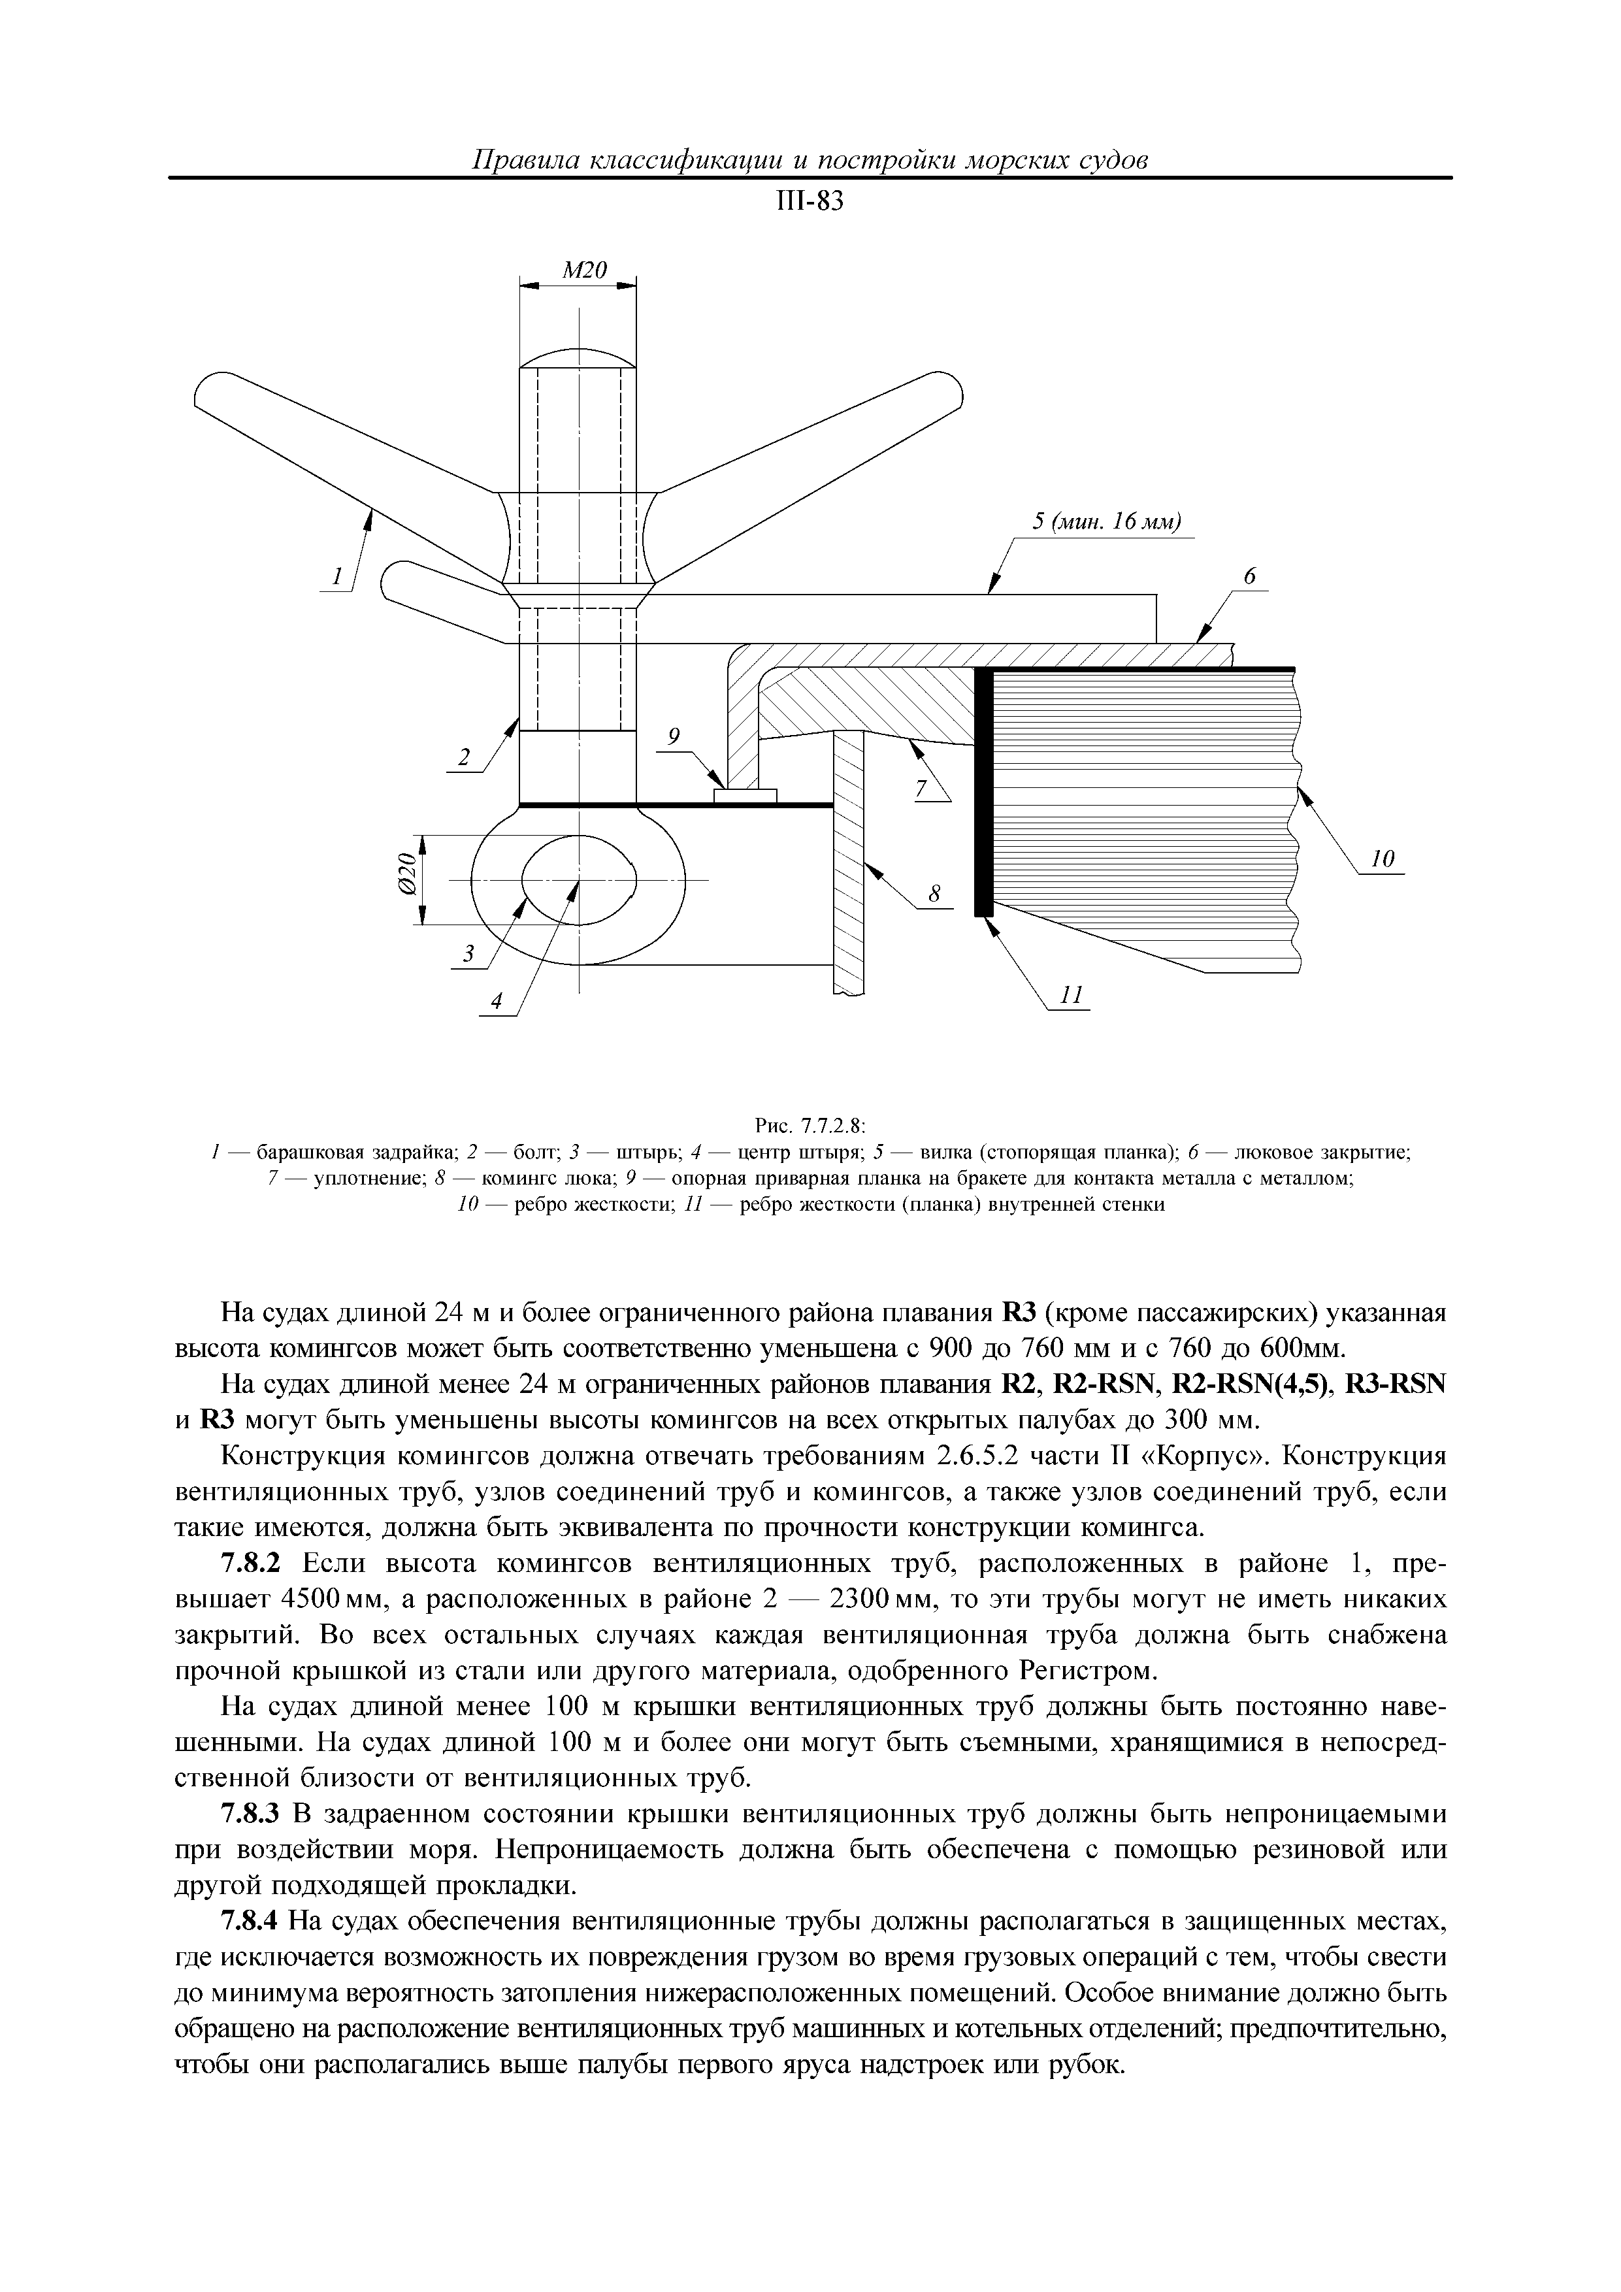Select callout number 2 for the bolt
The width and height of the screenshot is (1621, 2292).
(x=462, y=759)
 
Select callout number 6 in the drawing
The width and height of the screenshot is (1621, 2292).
(x=1249, y=577)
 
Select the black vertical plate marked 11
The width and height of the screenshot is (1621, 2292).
(x=984, y=791)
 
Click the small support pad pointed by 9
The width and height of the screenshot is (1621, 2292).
(x=745, y=796)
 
